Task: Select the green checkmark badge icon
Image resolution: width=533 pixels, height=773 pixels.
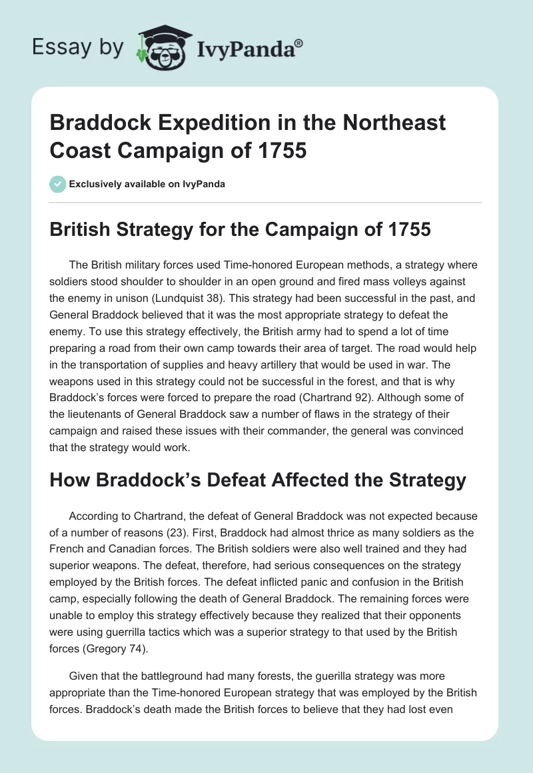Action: (x=57, y=185)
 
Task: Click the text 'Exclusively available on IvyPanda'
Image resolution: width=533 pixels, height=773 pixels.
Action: (x=147, y=185)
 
